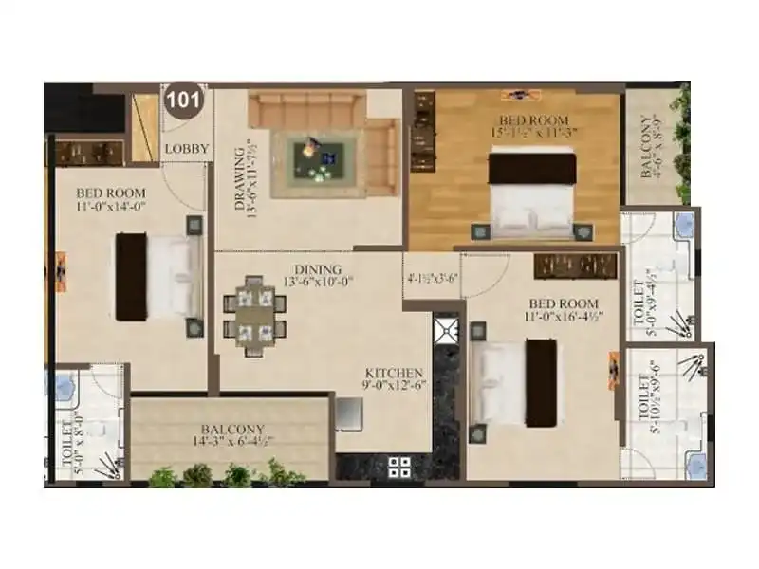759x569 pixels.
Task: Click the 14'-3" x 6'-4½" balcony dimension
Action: click(231, 442)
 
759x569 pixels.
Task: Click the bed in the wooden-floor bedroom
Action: click(532, 193)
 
